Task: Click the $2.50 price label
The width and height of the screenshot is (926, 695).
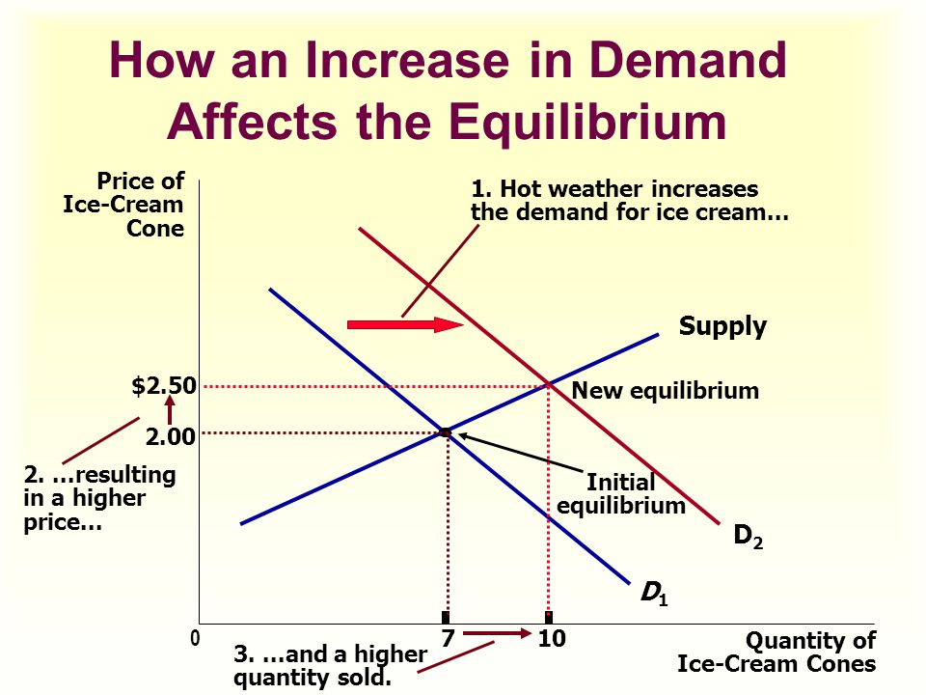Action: click(164, 386)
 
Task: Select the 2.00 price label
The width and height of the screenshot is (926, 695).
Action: click(170, 436)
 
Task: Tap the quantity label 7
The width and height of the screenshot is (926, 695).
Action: click(448, 638)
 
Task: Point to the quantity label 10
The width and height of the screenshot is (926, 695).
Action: click(552, 638)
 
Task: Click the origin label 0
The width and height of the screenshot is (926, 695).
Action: click(195, 639)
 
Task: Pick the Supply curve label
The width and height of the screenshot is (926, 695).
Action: click(722, 326)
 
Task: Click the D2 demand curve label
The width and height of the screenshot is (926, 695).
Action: click(748, 536)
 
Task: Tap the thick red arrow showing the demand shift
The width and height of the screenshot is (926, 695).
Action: click(405, 324)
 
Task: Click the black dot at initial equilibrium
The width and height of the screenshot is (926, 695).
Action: click(445, 433)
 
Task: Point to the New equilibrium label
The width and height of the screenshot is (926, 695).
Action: click(665, 391)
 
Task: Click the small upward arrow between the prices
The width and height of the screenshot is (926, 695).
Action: click(170, 409)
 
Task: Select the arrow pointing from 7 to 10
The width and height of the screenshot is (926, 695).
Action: click(498, 633)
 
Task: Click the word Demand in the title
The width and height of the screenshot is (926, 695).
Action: click(688, 60)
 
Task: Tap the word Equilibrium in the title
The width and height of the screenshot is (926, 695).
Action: click(587, 123)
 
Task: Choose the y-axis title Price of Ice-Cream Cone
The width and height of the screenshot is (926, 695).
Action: click(124, 205)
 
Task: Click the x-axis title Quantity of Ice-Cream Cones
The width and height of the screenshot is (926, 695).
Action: click(776, 652)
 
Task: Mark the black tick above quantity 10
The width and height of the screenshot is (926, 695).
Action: click(549, 618)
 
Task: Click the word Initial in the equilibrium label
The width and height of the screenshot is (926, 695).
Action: click(620, 483)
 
